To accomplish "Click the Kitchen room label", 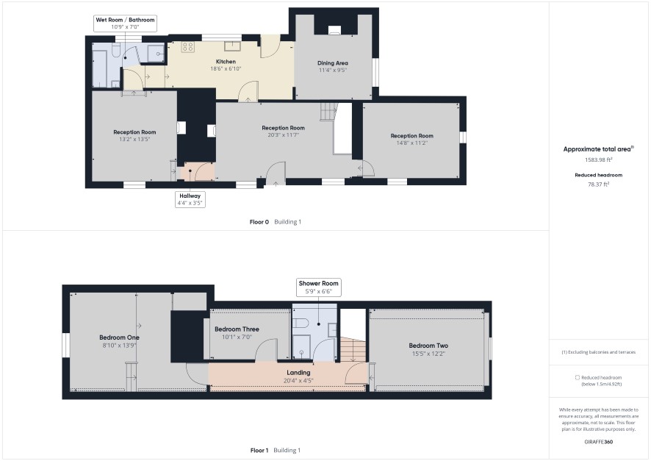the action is tap(226, 62).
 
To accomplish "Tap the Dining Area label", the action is tap(333, 63).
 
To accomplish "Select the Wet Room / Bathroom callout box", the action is tap(125, 24).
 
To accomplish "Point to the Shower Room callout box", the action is tap(318, 287).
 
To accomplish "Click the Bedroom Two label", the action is tap(428, 346).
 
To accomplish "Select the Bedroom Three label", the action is tap(237, 329).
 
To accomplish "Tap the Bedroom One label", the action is tap(119, 337).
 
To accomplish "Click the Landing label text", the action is tap(298, 373).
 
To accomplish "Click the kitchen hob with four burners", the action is tap(187, 47).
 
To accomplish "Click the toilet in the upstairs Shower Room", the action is tap(301, 323).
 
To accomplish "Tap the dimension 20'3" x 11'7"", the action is tap(283, 135).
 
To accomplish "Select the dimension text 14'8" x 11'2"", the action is tap(411, 143).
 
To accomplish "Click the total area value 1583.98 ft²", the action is tap(598, 160).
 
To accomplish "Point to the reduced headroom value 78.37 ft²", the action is tap(598, 184).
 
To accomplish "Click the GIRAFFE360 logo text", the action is tap(598, 442).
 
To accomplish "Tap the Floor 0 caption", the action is tap(259, 222).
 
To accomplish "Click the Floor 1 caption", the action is tap(259, 450).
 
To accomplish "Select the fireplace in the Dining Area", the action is tap(334, 29).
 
